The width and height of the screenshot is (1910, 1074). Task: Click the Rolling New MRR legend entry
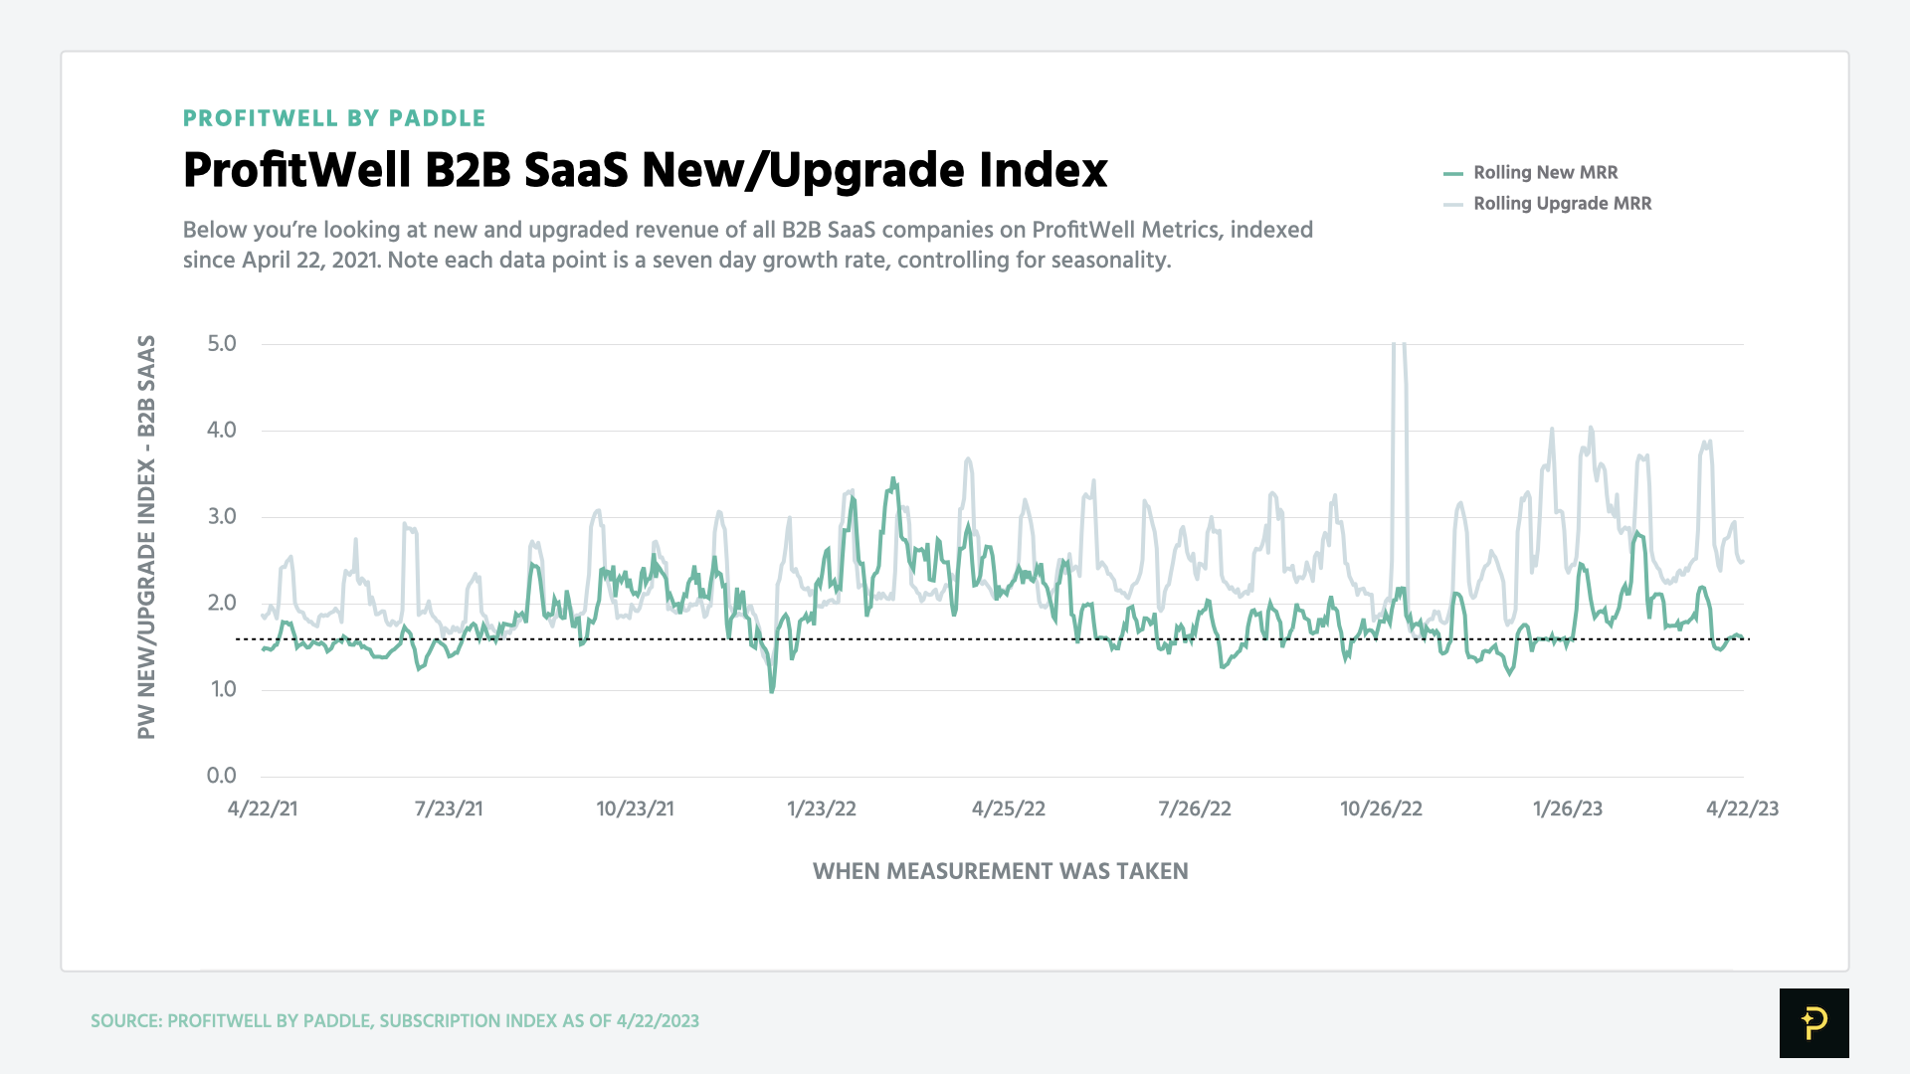click(1544, 172)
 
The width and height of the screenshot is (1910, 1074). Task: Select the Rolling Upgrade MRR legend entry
click(1561, 203)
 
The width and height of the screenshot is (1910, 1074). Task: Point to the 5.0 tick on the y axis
click(222, 344)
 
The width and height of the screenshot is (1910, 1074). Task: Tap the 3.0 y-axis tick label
click(222, 516)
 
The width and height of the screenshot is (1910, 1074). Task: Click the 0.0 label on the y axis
click(222, 776)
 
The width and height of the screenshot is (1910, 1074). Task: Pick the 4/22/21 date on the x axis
click(263, 808)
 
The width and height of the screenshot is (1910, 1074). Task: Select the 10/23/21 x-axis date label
click(635, 808)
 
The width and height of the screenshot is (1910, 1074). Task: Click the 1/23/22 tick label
click(821, 808)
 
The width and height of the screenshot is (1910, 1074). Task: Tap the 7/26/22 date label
click(1194, 808)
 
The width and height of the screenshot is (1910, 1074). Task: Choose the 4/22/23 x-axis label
click(1742, 808)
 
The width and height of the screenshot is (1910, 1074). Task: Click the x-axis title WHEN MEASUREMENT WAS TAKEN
click(1000, 871)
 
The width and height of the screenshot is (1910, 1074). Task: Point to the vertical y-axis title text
click(146, 537)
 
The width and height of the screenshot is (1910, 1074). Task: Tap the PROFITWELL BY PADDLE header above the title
click(334, 118)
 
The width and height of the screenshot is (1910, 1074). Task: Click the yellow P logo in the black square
click(1814, 1022)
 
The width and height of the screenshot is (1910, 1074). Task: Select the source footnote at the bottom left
click(394, 1021)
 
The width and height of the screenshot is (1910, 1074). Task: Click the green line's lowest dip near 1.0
click(772, 689)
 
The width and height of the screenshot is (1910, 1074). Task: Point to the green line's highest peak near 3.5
click(892, 479)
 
